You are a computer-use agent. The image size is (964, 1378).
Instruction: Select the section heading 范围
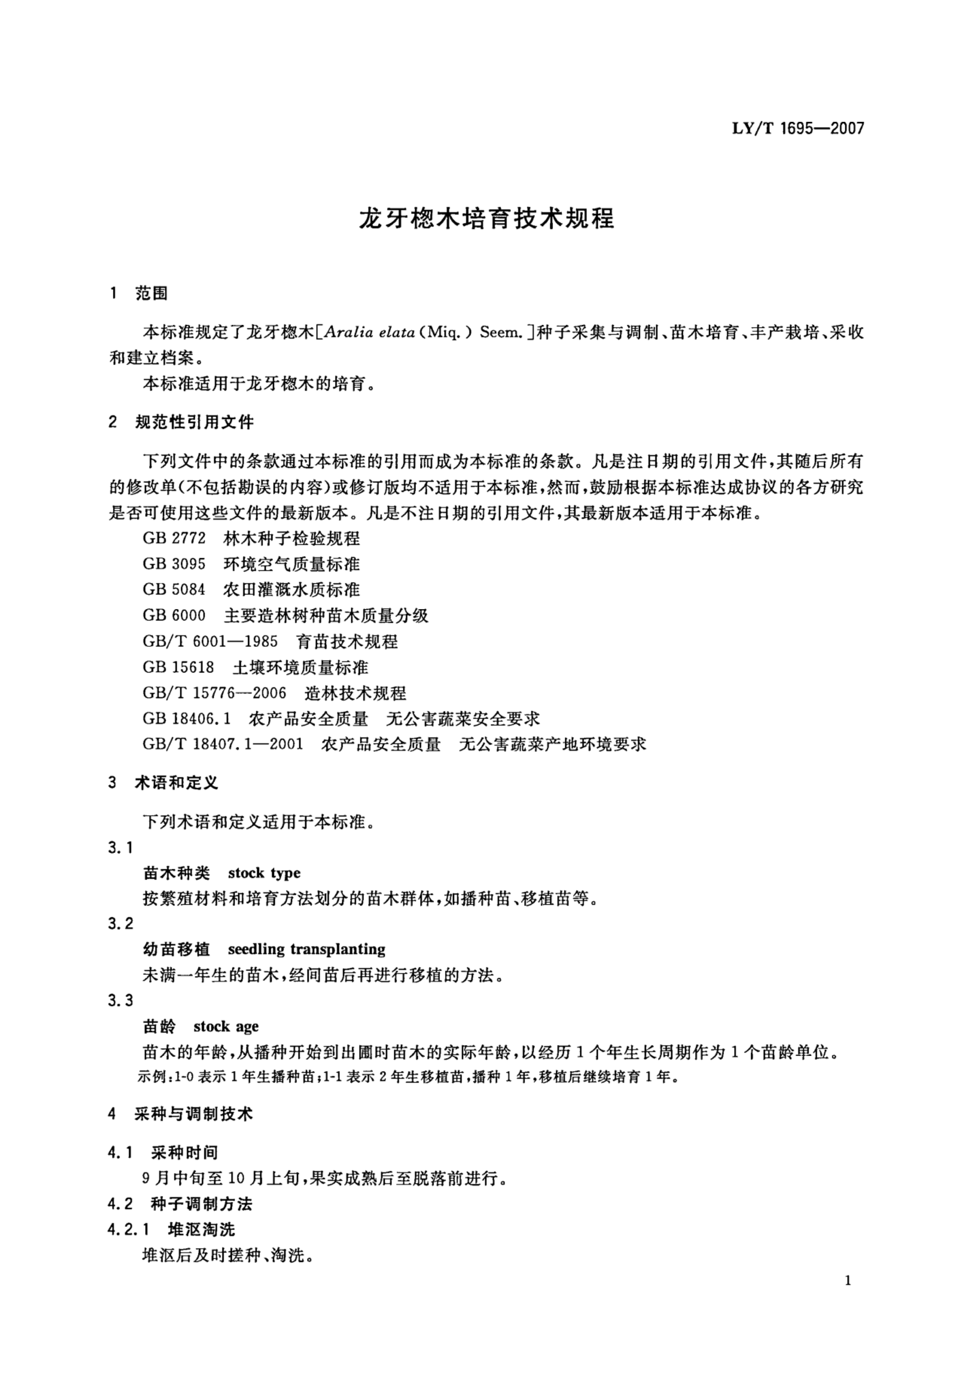click(151, 294)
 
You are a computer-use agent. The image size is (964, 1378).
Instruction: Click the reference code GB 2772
click(174, 538)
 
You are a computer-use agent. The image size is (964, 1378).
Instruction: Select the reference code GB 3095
click(174, 564)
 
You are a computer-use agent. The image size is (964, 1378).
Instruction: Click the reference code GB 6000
click(174, 616)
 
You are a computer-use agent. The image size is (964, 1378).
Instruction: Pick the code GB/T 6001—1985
click(210, 642)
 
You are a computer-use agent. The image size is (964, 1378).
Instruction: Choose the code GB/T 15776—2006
click(214, 693)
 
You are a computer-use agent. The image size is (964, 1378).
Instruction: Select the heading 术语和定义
click(176, 783)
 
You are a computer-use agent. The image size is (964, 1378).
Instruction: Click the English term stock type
click(264, 873)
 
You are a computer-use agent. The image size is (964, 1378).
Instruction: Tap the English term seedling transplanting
click(307, 949)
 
